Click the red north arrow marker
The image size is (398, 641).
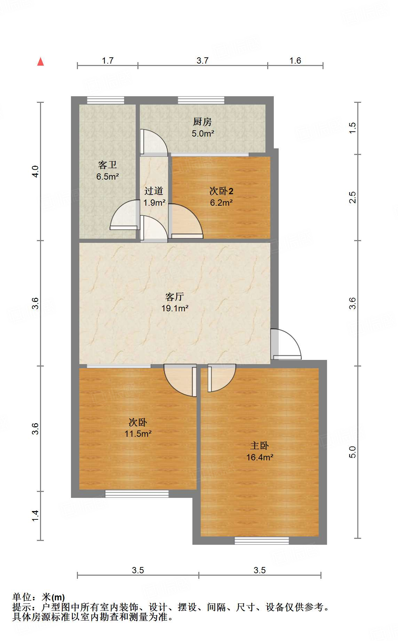(41, 62)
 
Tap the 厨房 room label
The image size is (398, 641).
(202, 122)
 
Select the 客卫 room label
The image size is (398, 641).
(107, 165)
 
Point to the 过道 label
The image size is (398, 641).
(154, 191)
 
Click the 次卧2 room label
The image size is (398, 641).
(221, 191)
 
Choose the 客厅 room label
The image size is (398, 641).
(175, 297)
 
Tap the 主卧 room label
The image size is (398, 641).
(260, 446)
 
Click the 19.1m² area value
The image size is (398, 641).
(175, 308)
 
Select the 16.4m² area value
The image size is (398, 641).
(260, 457)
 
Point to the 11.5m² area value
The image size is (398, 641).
(138, 434)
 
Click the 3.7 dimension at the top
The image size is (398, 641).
(202, 60)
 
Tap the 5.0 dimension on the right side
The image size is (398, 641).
(352, 452)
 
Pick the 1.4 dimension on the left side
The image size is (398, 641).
(35, 516)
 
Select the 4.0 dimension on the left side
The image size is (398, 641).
(35, 171)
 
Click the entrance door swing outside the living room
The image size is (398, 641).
(286, 344)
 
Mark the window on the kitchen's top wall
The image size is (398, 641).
(201, 100)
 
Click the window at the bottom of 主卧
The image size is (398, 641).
(262, 540)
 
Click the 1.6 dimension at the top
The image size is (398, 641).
(295, 60)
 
